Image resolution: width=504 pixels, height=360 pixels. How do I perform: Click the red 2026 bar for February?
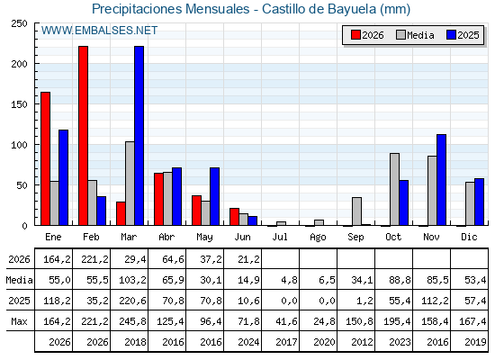coord(83,136)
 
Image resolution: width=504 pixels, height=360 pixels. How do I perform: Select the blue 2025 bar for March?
coord(139,136)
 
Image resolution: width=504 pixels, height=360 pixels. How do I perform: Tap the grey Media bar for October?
coord(395,189)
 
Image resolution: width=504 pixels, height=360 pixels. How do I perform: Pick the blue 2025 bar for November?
coord(441,180)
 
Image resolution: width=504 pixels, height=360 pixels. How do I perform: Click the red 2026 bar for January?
coord(45,158)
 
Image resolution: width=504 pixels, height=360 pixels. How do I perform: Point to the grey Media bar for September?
coord(356,211)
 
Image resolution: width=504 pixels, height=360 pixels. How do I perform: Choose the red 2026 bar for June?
coord(234,217)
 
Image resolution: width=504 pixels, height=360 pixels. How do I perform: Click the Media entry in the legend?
coord(415,35)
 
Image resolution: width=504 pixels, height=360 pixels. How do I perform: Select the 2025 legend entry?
coord(463,35)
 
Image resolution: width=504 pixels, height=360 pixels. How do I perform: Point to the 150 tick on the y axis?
coord(19,104)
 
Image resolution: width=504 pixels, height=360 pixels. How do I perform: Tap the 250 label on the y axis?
coord(19,23)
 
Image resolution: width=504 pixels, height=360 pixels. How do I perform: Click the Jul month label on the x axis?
coord(280,237)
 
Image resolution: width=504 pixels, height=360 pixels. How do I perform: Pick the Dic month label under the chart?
coord(469,237)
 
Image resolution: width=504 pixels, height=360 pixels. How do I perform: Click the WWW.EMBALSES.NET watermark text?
coord(99,31)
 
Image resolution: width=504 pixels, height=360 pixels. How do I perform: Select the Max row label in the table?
coord(19,321)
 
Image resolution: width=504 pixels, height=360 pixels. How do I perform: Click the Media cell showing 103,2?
coord(132,280)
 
